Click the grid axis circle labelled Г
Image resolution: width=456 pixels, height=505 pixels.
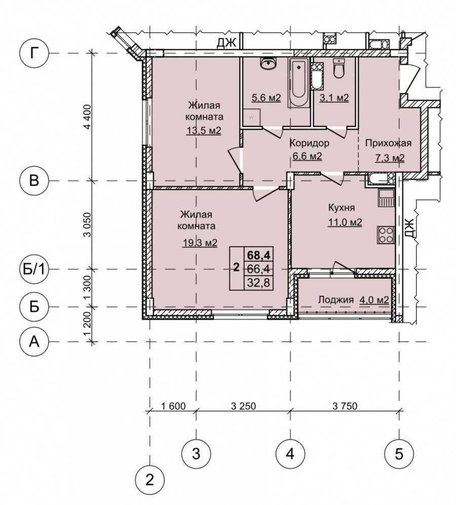(x=34, y=53)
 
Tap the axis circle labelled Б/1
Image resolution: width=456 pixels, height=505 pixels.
(x=34, y=269)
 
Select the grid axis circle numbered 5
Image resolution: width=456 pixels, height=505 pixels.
(x=399, y=454)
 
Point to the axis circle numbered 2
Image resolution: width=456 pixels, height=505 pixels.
(x=149, y=480)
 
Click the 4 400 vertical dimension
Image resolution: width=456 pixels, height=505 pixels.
(x=88, y=116)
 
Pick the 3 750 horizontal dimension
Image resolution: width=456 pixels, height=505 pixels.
(x=345, y=406)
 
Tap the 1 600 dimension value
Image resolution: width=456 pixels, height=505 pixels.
(x=173, y=406)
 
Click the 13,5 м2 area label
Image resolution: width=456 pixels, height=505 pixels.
(x=204, y=131)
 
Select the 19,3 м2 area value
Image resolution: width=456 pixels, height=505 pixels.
(x=200, y=243)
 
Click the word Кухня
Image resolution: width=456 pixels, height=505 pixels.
(x=341, y=208)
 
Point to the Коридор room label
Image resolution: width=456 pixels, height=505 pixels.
(x=310, y=142)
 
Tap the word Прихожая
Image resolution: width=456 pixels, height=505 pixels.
(x=388, y=143)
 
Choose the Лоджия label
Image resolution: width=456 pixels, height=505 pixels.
(x=336, y=299)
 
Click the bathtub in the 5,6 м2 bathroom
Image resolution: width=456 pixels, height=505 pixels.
(x=299, y=83)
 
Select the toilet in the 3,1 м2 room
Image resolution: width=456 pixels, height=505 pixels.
(x=338, y=68)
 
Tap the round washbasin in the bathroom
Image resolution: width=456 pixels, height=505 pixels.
(x=268, y=63)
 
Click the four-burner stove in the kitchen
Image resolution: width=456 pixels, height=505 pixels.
(x=386, y=235)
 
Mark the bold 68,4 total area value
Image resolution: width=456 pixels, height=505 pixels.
(x=258, y=255)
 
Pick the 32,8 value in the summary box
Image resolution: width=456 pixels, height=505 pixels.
(x=258, y=283)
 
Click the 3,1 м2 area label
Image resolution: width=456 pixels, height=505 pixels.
(x=334, y=97)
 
